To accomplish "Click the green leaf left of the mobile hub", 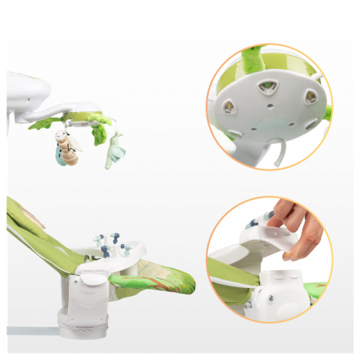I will [x=46, y=123].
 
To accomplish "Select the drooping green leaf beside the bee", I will [x=98, y=132].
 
